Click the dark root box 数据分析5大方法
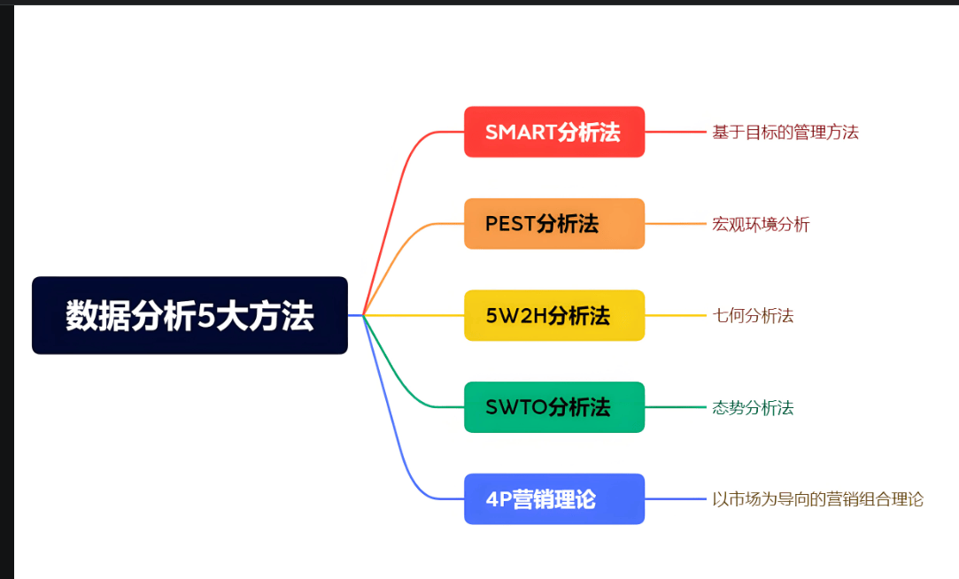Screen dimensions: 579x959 pos(189,315)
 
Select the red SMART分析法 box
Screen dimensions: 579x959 pos(554,132)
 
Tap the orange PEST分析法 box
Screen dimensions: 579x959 pos(554,224)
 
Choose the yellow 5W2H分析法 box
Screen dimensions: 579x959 pos(554,315)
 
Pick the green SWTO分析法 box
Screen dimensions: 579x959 pos(554,407)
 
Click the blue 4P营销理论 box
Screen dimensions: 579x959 pos(554,499)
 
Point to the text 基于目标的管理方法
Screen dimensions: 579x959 pos(785,133)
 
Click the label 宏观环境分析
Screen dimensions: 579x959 pos(761,225)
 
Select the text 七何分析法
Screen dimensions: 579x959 pos(753,316)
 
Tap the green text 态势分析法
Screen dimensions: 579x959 pos(753,408)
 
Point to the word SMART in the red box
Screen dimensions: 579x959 pos(521,133)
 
